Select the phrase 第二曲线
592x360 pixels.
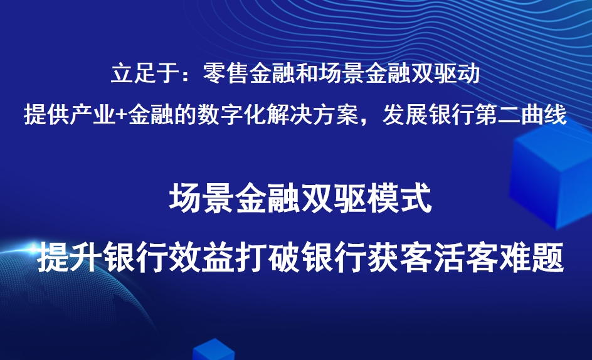tap(522, 115)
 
